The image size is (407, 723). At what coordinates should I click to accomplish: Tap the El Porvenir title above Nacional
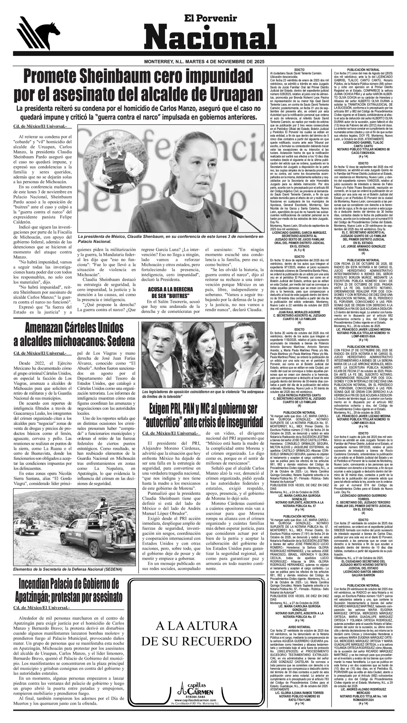(x=210, y=19)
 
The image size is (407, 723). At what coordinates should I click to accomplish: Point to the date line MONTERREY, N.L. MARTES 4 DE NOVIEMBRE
(x=204, y=62)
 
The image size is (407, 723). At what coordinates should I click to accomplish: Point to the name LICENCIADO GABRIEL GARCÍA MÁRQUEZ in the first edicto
(x=299, y=233)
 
